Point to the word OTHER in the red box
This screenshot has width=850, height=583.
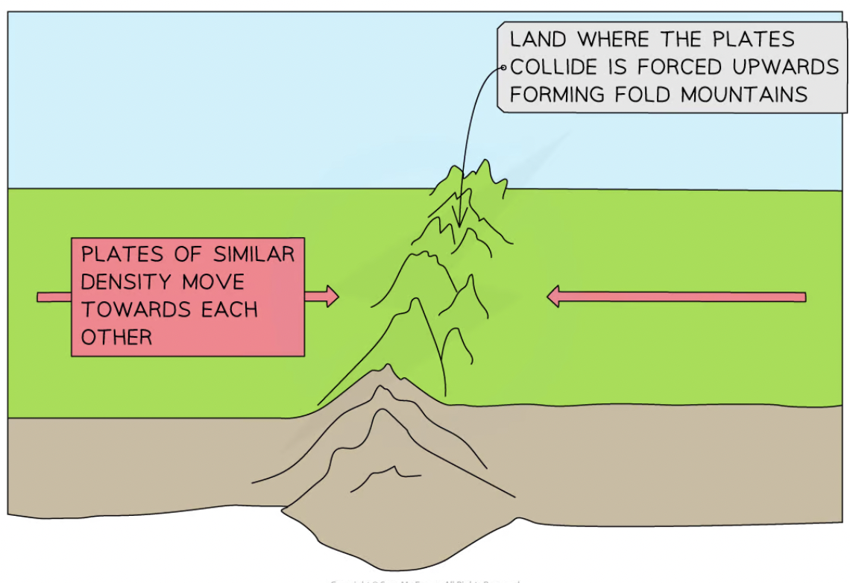(x=116, y=336)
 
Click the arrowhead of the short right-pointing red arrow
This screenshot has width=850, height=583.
(x=331, y=297)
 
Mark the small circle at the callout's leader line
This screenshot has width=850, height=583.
(x=503, y=68)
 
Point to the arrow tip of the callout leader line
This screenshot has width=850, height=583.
(x=460, y=224)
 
